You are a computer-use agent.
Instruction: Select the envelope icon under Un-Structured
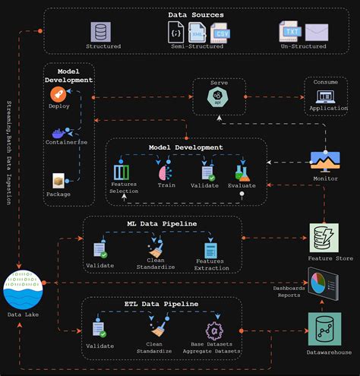pos(316,32)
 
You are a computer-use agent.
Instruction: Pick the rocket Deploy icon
pos(58,93)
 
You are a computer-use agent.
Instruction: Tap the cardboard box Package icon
pos(58,180)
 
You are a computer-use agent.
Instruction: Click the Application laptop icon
pos(326,97)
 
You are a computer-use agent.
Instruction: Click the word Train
pos(166,185)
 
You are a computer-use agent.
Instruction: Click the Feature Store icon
pos(325,237)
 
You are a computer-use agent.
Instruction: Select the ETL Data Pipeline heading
pos(161,303)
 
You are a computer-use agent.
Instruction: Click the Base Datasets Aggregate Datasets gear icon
pos(213,330)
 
